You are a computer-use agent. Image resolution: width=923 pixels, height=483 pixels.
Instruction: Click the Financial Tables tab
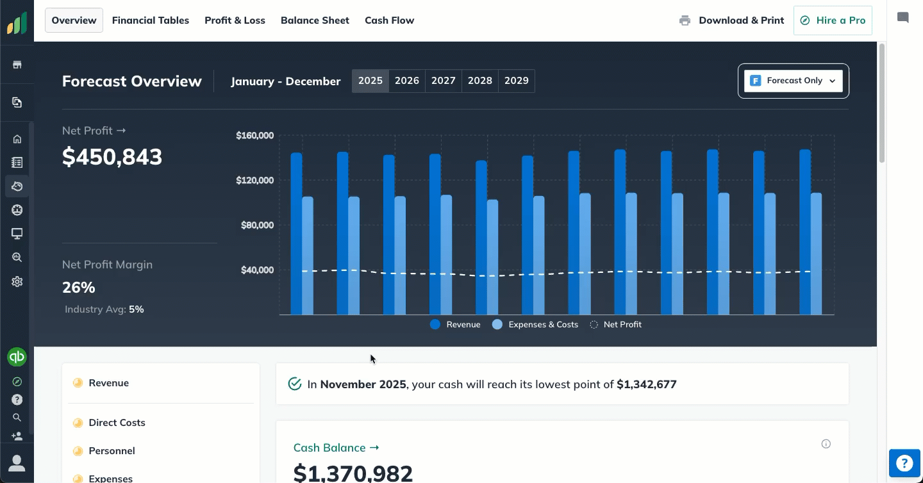(151, 20)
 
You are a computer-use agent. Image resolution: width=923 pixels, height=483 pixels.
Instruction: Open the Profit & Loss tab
(235, 20)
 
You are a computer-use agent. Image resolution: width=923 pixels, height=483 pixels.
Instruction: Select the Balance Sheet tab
(315, 20)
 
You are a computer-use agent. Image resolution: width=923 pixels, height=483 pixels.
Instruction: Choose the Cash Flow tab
(389, 20)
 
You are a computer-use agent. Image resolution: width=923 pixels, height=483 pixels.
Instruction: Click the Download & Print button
(731, 20)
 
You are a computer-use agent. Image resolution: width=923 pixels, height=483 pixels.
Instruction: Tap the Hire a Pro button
(833, 20)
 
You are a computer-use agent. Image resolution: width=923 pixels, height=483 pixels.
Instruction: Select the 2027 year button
(444, 81)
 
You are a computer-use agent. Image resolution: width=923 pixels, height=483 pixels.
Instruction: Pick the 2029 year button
(516, 81)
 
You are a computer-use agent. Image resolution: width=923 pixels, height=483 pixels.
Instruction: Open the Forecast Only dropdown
(794, 81)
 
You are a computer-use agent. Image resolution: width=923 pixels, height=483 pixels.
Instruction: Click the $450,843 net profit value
(112, 157)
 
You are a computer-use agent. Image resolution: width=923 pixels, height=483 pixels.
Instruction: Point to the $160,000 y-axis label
(255, 136)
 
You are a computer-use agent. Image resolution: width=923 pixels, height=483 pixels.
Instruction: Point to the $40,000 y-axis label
(258, 270)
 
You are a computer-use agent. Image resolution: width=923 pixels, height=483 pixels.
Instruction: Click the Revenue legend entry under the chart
(455, 325)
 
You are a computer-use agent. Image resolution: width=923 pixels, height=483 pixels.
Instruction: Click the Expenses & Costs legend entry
(535, 325)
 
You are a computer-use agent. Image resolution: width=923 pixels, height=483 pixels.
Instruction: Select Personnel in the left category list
(112, 451)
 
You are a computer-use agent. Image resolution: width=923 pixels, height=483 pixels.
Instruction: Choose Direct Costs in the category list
(117, 423)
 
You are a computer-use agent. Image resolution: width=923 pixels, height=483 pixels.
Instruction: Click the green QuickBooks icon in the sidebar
(17, 357)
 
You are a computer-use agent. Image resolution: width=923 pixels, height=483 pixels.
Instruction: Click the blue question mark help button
(904, 463)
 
